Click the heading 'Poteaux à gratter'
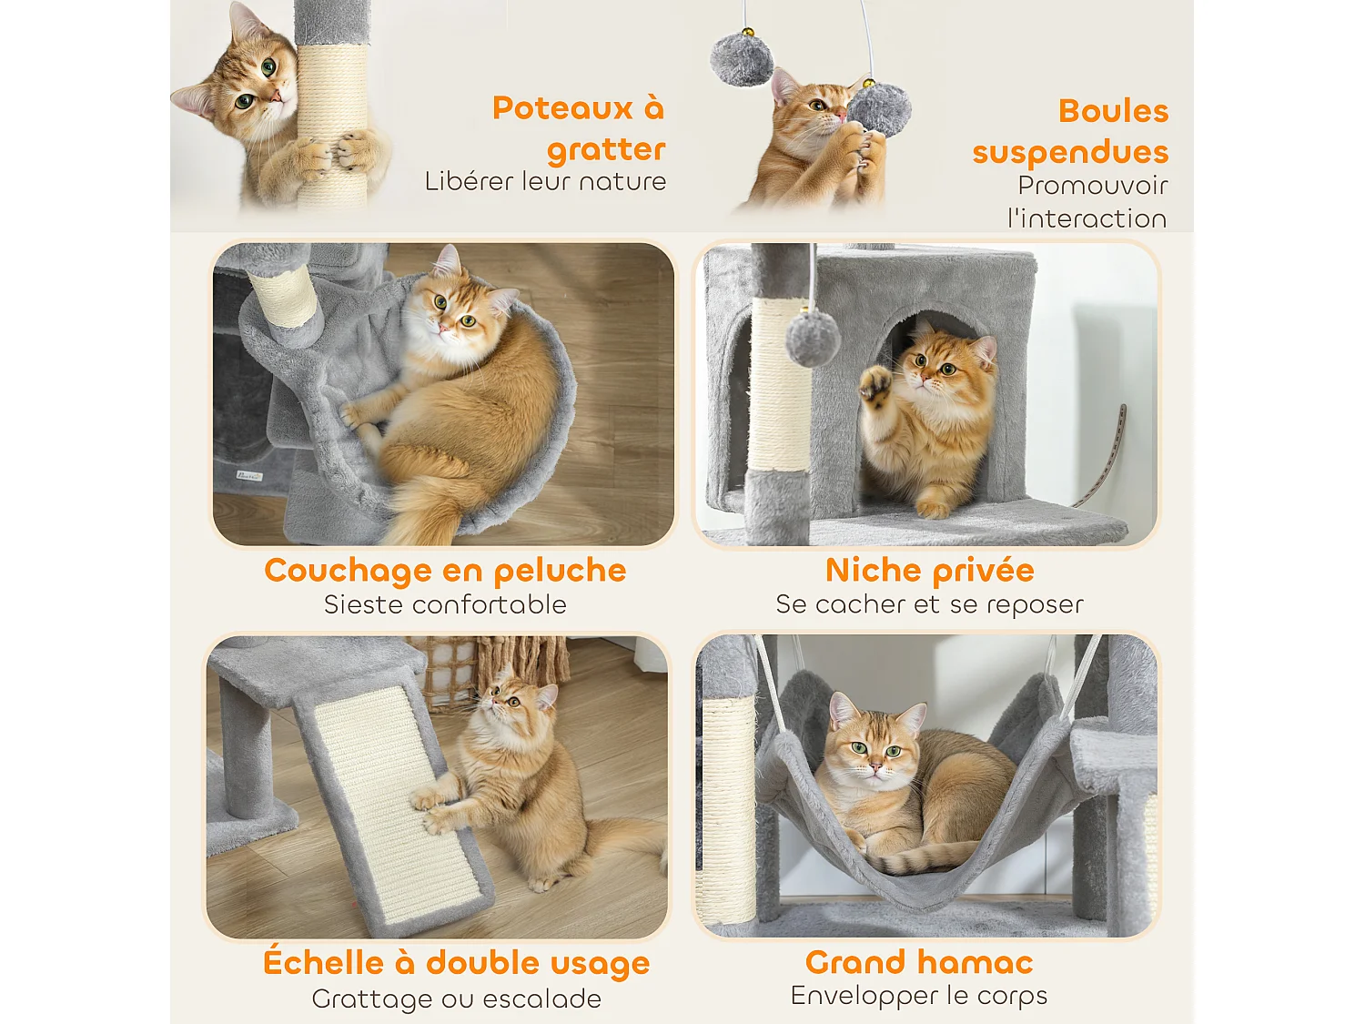point(579,128)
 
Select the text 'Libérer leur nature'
point(545,182)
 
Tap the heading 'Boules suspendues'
point(1070,131)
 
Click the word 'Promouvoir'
point(1092,186)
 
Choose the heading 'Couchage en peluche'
point(445,571)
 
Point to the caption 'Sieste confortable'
point(445,605)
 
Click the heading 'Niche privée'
point(929,571)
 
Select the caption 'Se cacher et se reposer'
point(929,605)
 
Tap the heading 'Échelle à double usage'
point(456,963)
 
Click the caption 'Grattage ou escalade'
point(456,999)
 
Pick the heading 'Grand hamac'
point(919,962)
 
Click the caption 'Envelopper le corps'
point(919,996)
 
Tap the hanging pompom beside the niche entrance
point(813,339)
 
